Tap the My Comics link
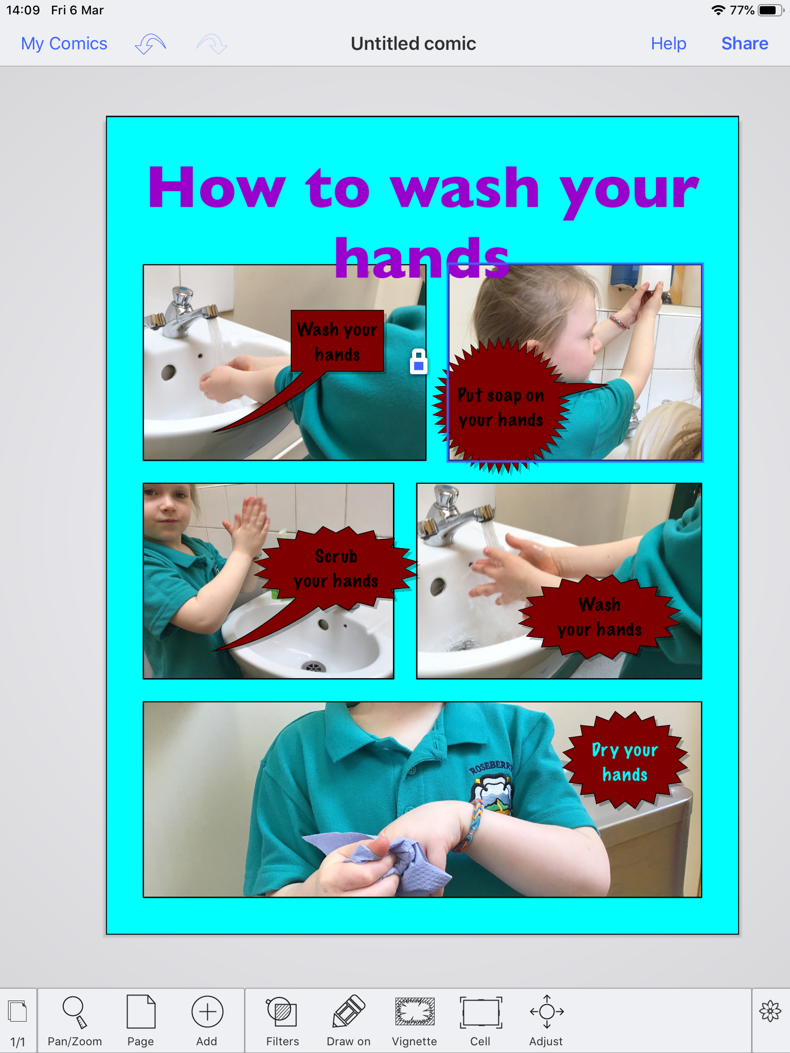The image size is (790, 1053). pyautogui.click(x=64, y=44)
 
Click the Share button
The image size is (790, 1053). pyautogui.click(x=744, y=44)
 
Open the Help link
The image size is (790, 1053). pyautogui.click(x=668, y=44)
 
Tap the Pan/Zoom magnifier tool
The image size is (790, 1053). pyautogui.click(x=75, y=1021)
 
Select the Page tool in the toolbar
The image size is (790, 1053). pyautogui.click(x=140, y=1021)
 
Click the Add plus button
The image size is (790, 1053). pyautogui.click(x=207, y=1021)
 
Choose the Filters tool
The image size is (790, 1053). pyautogui.click(x=282, y=1021)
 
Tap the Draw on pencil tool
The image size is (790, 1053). pyautogui.click(x=349, y=1021)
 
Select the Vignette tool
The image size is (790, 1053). pyautogui.click(x=415, y=1021)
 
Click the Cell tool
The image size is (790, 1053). pyautogui.click(x=480, y=1021)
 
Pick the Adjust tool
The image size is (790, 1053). pyautogui.click(x=546, y=1021)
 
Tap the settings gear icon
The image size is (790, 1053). pyautogui.click(x=770, y=1011)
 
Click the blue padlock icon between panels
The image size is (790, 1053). pyautogui.click(x=419, y=361)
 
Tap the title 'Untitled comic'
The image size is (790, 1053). pyautogui.click(x=414, y=44)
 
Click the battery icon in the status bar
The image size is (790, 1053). pyautogui.click(x=770, y=10)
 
